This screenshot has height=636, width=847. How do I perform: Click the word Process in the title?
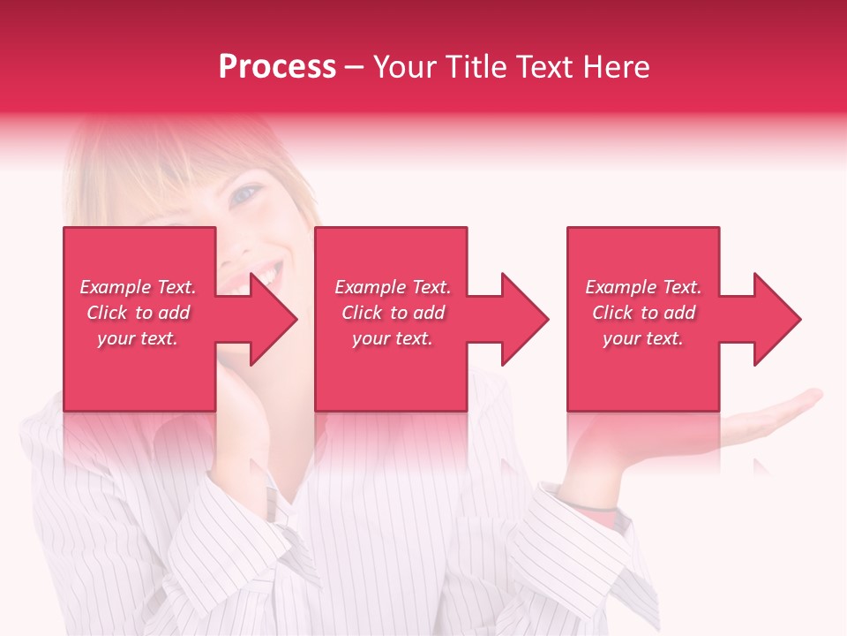coord(277,67)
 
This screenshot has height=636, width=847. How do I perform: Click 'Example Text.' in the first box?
coord(138,287)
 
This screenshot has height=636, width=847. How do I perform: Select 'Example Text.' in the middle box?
coord(393,287)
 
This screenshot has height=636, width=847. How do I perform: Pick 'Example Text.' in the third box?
coord(643,287)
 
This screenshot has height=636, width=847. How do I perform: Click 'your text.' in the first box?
coord(138,338)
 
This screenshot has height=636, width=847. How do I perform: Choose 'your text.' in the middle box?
coord(393,338)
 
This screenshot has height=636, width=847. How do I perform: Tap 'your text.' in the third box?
coord(643,338)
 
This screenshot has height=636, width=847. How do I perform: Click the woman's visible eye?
coord(246,193)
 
